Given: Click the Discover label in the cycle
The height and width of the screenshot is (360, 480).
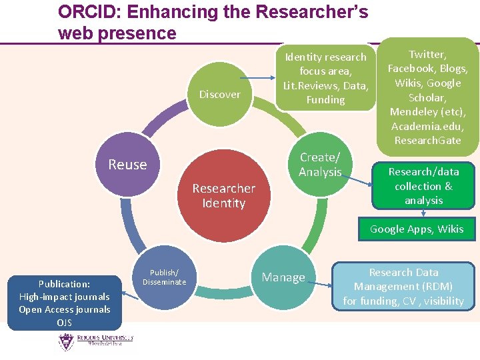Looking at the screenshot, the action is [220, 95].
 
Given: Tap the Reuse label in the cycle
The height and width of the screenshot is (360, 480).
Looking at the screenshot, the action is [127, 165].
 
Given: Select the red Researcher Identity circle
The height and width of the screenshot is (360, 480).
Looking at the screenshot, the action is [223, 195].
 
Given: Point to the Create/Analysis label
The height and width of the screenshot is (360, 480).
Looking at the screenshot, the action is [320, 165].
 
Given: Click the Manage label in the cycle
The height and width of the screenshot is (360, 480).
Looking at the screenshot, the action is [283, 277].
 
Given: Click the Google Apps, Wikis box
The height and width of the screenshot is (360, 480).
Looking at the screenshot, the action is [417, 229].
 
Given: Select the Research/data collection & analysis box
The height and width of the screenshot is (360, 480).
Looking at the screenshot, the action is [423, 186].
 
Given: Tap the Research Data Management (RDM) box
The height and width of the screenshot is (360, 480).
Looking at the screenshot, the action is [403, 287].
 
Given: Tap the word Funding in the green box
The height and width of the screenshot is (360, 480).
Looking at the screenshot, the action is [325, 100].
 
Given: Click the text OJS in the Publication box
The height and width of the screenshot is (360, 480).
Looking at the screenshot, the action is [65, 323].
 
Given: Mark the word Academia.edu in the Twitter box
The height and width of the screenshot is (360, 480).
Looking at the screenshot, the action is [427, 126].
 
